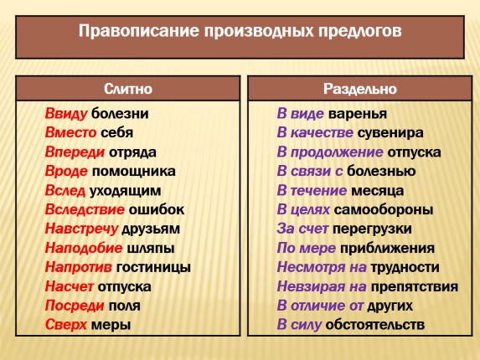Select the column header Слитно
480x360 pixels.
127,88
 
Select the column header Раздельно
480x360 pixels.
360,88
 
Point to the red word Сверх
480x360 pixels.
64,325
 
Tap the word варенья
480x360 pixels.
358,114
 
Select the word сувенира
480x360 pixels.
389,132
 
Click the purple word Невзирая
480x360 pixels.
314,286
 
